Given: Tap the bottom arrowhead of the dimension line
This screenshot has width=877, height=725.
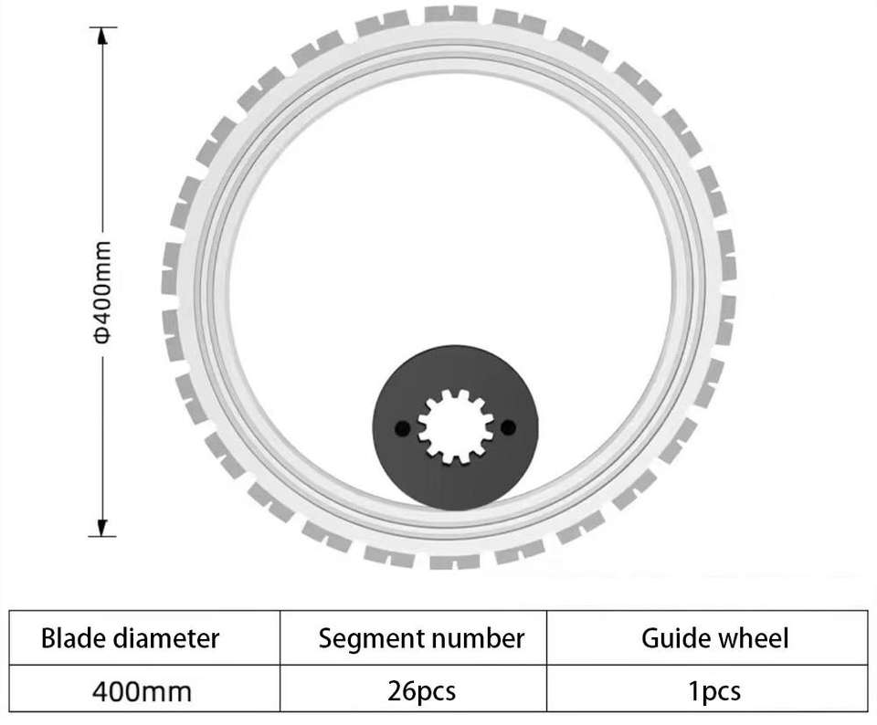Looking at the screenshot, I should tap(102, 527).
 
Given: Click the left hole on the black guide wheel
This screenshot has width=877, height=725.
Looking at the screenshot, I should tap(399, 427).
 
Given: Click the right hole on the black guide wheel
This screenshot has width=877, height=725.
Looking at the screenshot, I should tap(508, 426).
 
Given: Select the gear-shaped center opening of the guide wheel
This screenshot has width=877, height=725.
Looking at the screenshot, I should tap(454, 426).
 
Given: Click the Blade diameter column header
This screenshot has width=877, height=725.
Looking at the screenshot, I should tap(131, 637).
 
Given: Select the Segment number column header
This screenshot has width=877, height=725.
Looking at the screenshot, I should tap(421, 637).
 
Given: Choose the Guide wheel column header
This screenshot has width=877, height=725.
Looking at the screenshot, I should tap(714, 637).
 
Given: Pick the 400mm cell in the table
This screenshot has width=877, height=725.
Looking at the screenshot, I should tap(143, 690).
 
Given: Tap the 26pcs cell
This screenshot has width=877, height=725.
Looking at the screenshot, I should tap(421, 690).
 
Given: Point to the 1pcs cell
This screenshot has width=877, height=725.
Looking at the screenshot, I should tap(715, 690).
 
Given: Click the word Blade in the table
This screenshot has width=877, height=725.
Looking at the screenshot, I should tap(69, 637).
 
